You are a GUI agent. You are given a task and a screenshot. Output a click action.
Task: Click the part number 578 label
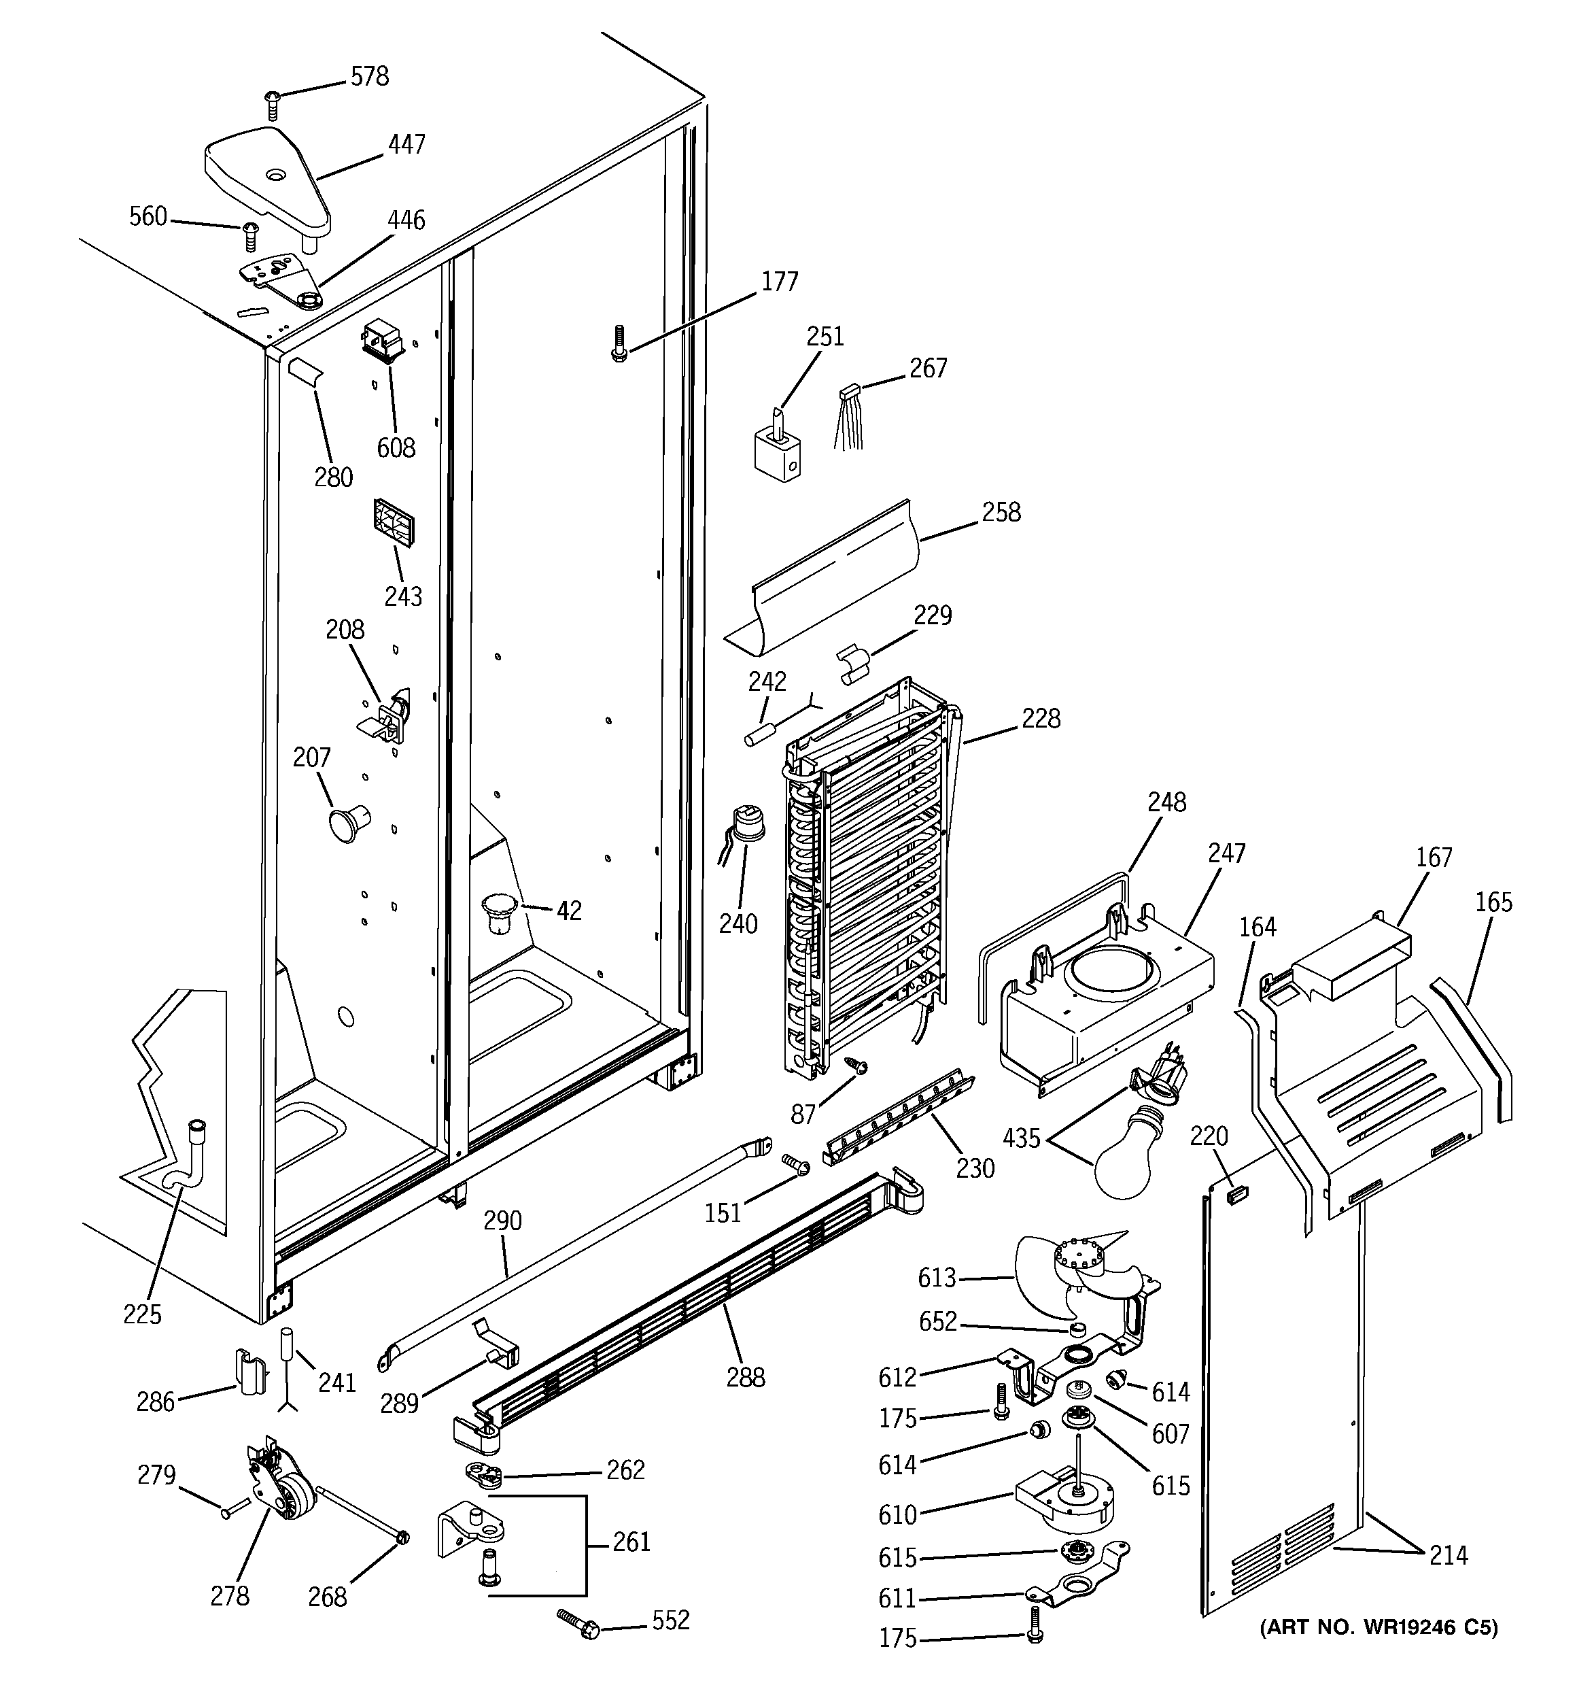pos(370,77)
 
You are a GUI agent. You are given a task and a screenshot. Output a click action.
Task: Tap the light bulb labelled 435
pos(1129,1161)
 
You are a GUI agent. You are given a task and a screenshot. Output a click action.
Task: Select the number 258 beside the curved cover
pos(1001,512)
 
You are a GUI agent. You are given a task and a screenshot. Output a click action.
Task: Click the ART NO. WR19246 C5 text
pos(1378,1627)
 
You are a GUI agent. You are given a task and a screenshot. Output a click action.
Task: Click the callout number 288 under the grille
pos(745,1378)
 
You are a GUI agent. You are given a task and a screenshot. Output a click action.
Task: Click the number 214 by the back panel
pos(1449,1554)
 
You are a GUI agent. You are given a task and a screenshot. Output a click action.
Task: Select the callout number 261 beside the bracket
pos(631,1542)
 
